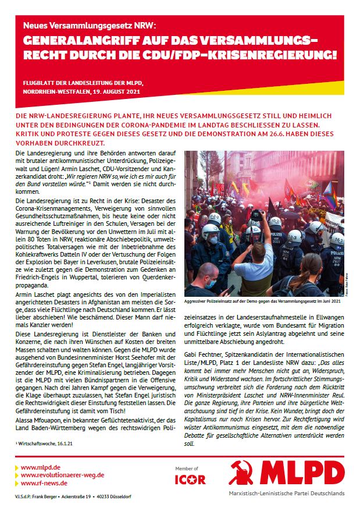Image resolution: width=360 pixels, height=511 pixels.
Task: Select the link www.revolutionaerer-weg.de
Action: [62, 475]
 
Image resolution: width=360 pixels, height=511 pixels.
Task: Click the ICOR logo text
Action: [190, 480]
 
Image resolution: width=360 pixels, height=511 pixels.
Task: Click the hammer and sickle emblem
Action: [241, 473]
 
